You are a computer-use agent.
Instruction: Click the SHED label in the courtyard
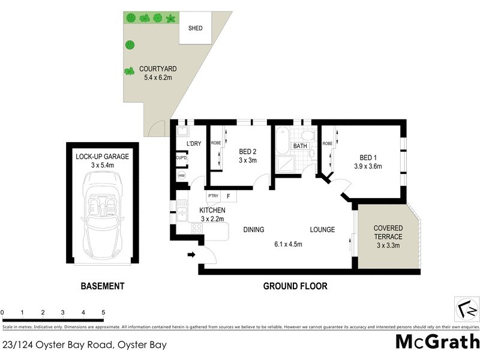(x=196, y=28)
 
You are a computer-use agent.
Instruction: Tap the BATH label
(x=299, y=146)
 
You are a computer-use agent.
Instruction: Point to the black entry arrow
(x=192, y=255)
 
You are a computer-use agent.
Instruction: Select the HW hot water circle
(x=181, y=176)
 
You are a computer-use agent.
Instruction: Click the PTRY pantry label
(x=212, y=196)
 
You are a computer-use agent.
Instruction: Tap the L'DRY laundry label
(x=194, y=145)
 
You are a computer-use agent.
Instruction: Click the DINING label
(x=254, y=230)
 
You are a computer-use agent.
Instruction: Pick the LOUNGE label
(x=322, y=230)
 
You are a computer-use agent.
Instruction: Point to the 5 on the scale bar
(x=103, y=313)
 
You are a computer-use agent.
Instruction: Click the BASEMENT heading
(x=102, y=286)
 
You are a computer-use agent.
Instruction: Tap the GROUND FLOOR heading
(x=295, y=286)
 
